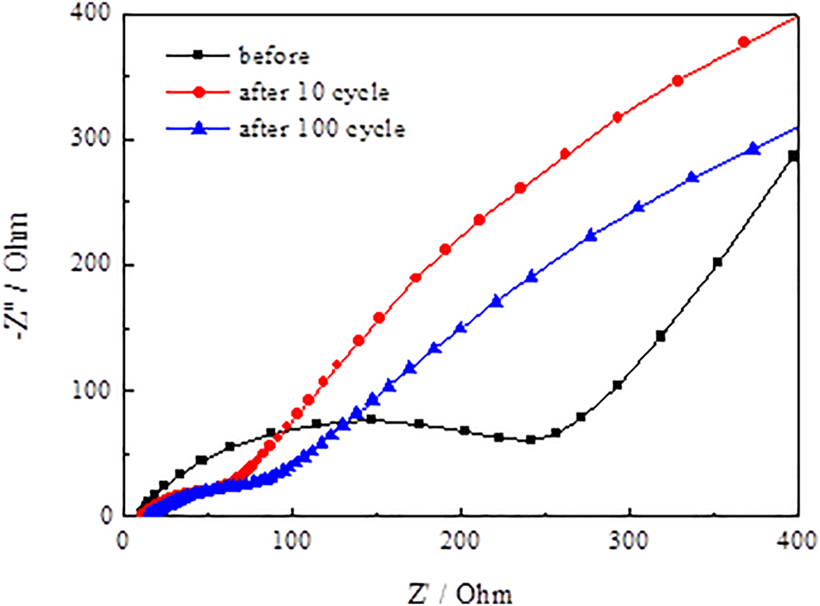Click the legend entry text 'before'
273,57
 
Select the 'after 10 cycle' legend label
314,93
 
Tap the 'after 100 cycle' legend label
321,130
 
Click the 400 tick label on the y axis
93,16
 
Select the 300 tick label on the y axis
93,141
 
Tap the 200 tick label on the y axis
93,266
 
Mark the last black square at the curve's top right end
793,156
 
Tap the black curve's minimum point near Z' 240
531,440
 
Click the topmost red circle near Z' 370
743,42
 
